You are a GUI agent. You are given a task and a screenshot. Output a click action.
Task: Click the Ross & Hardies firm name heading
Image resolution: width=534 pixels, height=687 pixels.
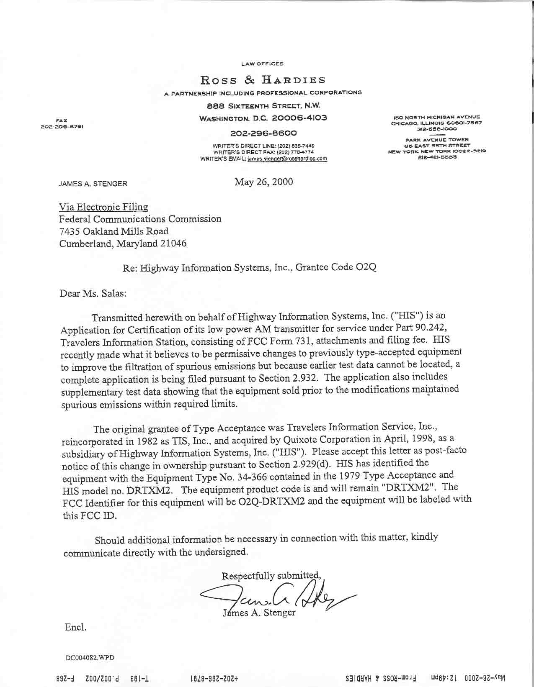263,79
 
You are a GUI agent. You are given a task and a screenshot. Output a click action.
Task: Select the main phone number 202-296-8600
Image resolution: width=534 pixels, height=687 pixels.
263,133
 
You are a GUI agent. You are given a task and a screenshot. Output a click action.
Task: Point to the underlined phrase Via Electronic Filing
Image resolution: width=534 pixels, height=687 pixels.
103,207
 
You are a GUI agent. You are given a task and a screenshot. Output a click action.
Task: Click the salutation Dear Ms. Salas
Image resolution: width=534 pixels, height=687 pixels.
93,293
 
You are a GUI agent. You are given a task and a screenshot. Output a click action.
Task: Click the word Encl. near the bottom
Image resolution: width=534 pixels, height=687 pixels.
75,628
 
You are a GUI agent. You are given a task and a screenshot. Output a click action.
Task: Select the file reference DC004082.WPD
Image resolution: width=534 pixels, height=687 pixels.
90,658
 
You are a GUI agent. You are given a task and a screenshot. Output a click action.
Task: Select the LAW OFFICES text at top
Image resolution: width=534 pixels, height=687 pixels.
263,64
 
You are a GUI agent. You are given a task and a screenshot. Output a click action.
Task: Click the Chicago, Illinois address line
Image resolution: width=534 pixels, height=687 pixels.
436,123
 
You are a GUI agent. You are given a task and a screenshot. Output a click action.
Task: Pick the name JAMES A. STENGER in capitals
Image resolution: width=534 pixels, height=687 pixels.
93,184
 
